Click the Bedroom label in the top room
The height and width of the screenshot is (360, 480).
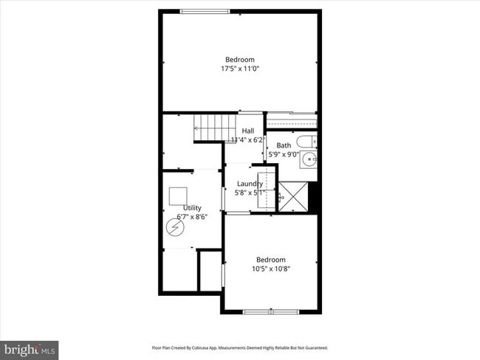coord(240,60)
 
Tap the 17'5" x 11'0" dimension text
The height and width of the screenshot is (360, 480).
coord(240,69)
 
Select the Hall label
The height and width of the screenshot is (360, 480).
coord(248,131)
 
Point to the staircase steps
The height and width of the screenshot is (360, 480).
coord(215,127)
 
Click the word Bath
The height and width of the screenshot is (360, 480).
coord(284,145)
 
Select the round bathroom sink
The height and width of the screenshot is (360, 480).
coord(309,158)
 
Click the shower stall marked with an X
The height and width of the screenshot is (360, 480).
coord(292,196)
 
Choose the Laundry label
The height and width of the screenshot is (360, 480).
coord(250,184)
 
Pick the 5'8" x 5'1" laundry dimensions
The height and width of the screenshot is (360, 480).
coord(250,193)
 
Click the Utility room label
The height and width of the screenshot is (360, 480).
coord(192,208)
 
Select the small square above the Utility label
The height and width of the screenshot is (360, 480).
coord(178,195)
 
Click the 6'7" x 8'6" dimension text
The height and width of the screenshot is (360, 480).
coord(192,217)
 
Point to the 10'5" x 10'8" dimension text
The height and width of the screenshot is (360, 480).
coord(271,269)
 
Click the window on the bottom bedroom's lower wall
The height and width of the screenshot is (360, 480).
coord(271,311)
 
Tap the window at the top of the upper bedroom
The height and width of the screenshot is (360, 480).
coord(205,10)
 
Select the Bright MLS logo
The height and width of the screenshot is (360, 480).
coord(30,349)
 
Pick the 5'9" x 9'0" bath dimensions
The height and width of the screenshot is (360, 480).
coord(284,154)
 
